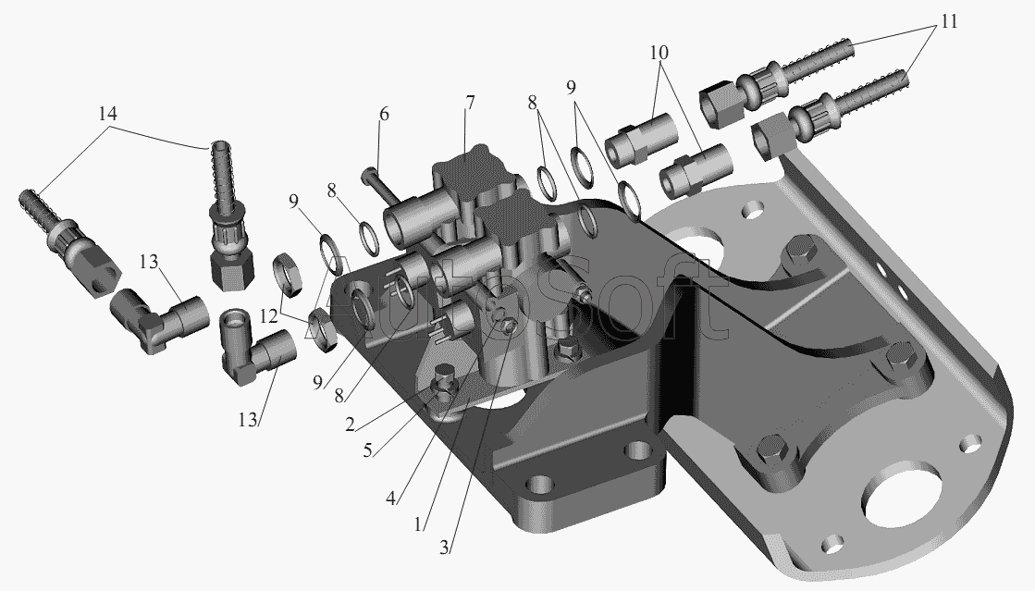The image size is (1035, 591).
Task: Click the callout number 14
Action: [107, 114]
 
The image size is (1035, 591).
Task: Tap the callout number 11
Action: [948, 22]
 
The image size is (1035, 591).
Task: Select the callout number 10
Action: [659, 52]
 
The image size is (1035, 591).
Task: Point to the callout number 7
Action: [469, 103]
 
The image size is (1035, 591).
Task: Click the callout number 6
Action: [384, 115]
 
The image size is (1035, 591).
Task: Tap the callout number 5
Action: [367, 450]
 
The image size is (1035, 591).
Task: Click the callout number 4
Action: [390, 499]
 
